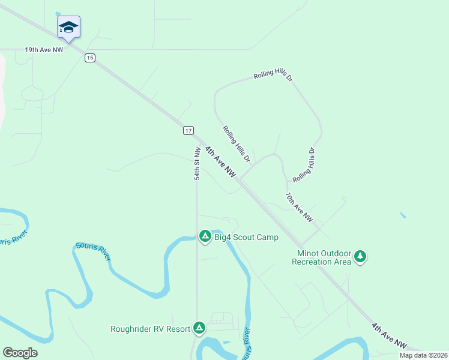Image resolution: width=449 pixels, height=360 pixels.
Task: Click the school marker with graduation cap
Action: [x=68, y=27]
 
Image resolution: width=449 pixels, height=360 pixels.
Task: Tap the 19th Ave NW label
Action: [x=44, y=50]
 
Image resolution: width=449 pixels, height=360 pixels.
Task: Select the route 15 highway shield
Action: [x=89, y=58]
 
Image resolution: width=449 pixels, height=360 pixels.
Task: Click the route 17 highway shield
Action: [x=188, y=130]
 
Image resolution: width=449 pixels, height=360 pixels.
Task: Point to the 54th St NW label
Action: [x=197, y=164]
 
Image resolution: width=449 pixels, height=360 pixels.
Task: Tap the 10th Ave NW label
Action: [x=298, y=208]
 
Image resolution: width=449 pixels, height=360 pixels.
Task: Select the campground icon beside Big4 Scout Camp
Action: [x=205, y=236]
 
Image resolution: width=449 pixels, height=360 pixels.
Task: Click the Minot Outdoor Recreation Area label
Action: [x=321, y=257]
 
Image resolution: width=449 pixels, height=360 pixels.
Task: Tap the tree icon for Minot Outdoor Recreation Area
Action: [x=360, y=257]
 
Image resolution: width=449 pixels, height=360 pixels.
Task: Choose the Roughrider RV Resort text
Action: [x=150, y=329]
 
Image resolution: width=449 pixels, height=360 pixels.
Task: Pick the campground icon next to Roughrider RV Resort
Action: [x=199, y=328]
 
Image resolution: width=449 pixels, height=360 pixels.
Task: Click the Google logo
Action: [x=20, y=353]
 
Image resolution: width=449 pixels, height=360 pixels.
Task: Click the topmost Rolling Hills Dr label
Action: [x=273, y=74]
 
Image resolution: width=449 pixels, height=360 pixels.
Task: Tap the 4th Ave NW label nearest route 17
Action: [x=220, y=161]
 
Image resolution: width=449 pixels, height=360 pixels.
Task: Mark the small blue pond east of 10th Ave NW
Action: [x=402, y=215]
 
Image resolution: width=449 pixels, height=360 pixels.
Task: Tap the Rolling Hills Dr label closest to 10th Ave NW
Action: [x=304, y=166]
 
